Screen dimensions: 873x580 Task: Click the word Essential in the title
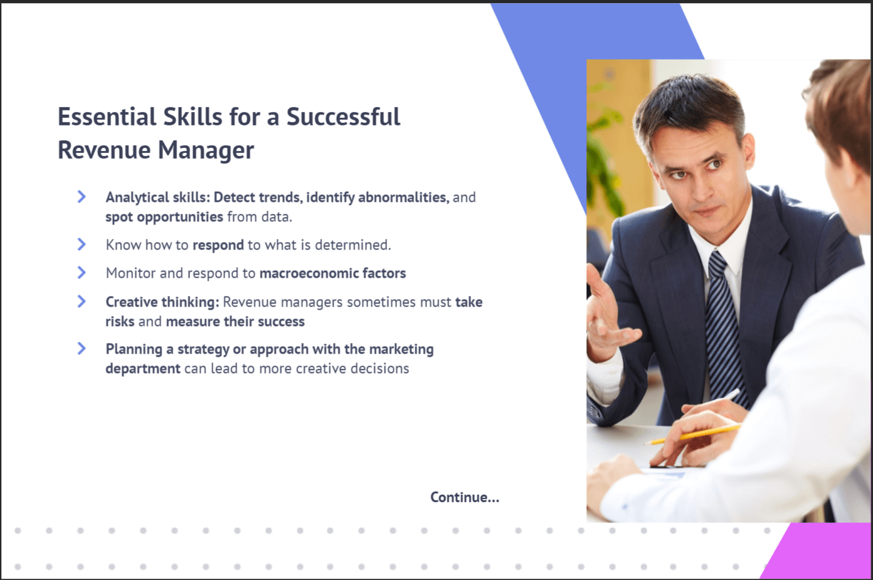107,117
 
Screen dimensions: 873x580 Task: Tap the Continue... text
465,497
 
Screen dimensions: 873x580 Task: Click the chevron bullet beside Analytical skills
82,197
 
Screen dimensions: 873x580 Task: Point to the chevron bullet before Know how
82,245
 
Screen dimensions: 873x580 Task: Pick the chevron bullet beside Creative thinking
82,301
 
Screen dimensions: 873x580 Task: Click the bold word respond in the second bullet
218,245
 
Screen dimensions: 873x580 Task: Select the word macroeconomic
309,273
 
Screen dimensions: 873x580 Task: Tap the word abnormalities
404,198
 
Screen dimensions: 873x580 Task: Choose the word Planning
134,350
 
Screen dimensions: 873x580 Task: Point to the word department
143,369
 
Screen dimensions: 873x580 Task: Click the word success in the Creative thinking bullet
282,322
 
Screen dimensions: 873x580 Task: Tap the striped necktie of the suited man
726,327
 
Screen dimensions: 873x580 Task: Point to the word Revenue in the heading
105,150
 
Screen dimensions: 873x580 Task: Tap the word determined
352,245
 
